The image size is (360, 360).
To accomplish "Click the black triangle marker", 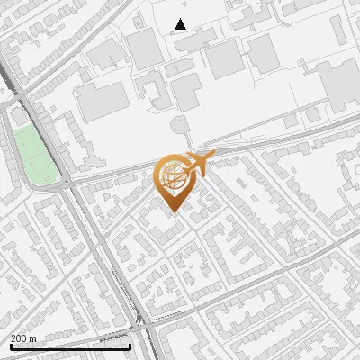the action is click(181, 24).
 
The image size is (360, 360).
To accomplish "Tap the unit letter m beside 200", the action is click(32, 338).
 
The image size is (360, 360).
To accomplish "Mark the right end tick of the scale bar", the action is click(130, 346).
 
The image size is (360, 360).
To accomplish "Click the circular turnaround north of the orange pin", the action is click(180, 124).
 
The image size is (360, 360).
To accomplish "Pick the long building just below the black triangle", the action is click(193, 40).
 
